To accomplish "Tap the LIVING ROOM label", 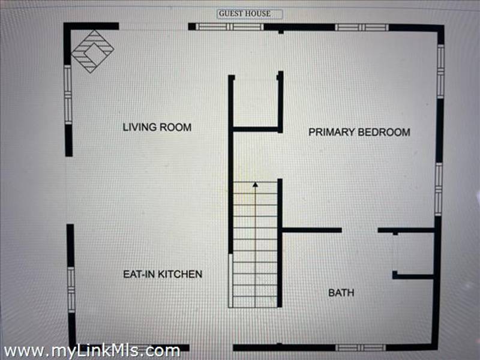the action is tap(157, 127).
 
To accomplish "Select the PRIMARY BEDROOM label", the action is tap(359, 132).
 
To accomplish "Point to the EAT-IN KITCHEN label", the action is tap(163, 274).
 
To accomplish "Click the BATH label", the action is tap(341, 293).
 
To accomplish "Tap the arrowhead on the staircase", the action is tap(256, 184).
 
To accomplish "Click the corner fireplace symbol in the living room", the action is tap(93, 52).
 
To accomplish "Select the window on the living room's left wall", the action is tap(68, 95).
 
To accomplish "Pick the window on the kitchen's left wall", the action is tap(71, 290).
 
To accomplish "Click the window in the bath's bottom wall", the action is tap(361, 347).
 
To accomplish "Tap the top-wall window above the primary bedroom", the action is tap(362, 27).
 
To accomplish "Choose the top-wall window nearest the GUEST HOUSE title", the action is tap(230, 26).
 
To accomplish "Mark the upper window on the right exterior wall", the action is tap(440, 71).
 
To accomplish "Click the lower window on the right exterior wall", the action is tap(439, 190).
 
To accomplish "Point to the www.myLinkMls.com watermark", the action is tap(92, 350).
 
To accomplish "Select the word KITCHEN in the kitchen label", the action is tap(180, 274).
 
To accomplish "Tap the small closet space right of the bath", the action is tap(414, 253).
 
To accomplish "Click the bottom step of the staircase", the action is tap(256, 302).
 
